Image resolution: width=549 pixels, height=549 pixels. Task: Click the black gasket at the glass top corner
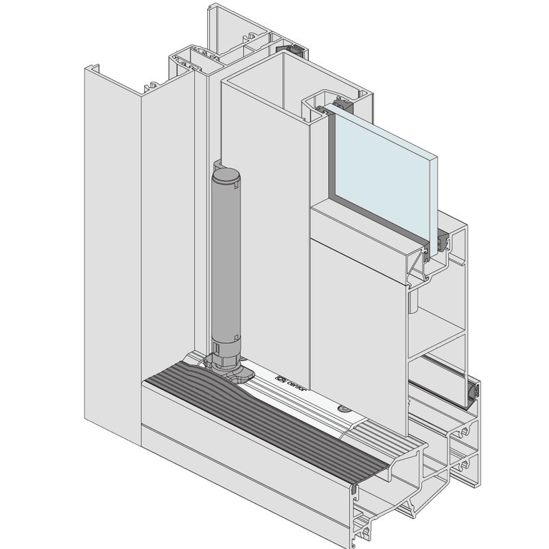(341, 107)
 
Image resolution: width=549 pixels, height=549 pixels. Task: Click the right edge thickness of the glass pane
(433, 199)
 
